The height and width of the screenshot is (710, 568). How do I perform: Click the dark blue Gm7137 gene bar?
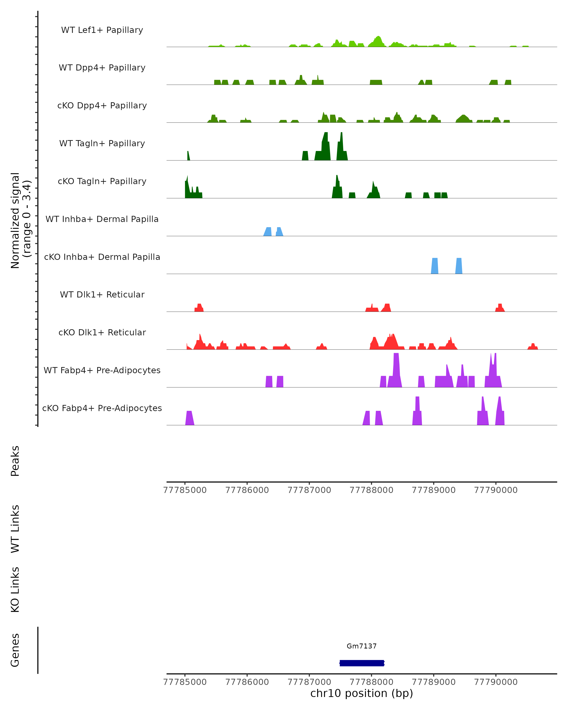click(x=362, y=663)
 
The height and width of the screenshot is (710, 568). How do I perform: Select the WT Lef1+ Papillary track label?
click(x=102, y=30)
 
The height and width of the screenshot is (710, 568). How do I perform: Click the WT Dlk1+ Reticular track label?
click(x=102, y=294)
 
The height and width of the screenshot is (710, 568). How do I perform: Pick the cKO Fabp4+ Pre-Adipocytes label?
click(x=102, y=408)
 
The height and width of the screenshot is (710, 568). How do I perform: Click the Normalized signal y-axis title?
click(x=20, y=220)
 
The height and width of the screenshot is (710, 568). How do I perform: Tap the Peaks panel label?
click(x=15, y=461)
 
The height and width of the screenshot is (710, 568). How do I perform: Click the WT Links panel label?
click(x=15, y=528)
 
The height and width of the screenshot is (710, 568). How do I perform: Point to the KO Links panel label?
click(x=15, y=590)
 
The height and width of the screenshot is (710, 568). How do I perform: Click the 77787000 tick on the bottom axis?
click(x=309, y=682)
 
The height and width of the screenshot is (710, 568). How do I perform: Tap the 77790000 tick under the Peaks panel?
click(x=496, y=490)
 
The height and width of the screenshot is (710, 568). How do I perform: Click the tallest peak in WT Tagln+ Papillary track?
click(x=326, y=145)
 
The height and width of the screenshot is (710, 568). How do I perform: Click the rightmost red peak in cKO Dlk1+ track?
click(x=533, y=346)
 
